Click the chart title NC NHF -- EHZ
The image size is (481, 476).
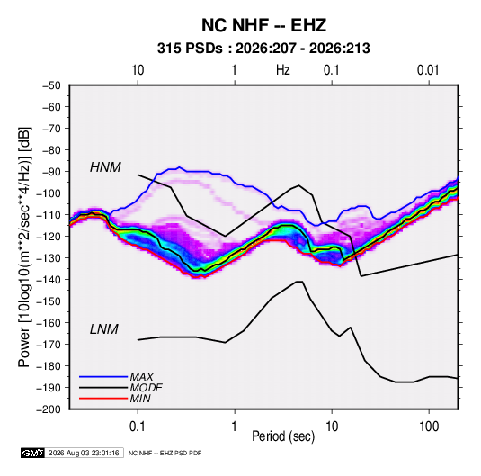click(x=263, y=25)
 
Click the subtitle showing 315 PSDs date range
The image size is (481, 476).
click(x=263, y=49)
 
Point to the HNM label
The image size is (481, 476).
click(x=105, y=167)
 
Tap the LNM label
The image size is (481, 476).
click(x=104, y=329)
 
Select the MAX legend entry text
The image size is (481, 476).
click(x=142, y=376)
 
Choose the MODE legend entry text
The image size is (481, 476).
click(x=146, y=388)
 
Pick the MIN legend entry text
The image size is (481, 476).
click(x=140, y=399)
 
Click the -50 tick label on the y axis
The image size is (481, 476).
click(x=51, y=85)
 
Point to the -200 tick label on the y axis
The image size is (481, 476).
click(x=49, y=409)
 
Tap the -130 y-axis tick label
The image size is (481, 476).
click(x=49, y=258)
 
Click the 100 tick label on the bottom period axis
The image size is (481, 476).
click(x=429, y=427)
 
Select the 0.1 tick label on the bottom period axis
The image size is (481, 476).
click(x=138, y=427)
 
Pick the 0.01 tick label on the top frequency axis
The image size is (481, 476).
click(x=428, y=70)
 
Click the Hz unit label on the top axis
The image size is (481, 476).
click(x=283, y=70)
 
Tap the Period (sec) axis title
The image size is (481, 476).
click(x=283, y=436)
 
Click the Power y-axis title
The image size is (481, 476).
click(x=24, y=247)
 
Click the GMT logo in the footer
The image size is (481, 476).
click(x=33, y=453)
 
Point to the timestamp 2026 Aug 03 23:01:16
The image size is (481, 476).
click(x=84, y=453)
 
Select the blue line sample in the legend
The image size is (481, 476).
click(x=103, y=377)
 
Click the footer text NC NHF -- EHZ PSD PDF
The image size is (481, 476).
click(x=165, y=453)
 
